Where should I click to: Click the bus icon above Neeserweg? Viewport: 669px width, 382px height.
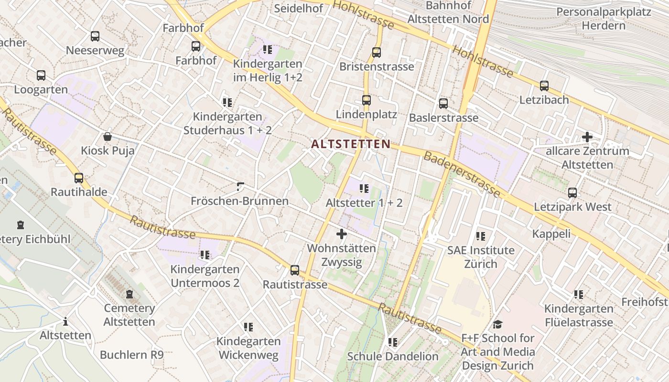click(x=95, y=36)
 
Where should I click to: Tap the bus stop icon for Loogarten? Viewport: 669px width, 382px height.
click(x=41, y=75)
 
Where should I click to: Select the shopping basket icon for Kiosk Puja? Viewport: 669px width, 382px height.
click(x=108, y=137)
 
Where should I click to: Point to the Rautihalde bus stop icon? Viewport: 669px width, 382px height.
click(x=79, y=178)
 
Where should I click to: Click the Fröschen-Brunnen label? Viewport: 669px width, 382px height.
click(x=239, y=201)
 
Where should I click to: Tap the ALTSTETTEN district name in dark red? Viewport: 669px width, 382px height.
click(x=351, y=144)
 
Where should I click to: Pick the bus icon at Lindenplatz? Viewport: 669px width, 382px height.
click(x=367, y=100)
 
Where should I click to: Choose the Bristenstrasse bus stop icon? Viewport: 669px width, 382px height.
click(x=377, y=53)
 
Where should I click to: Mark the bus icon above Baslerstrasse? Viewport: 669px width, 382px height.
click(x=443, y=103)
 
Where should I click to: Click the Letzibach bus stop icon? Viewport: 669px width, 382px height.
click(x=544, y=86)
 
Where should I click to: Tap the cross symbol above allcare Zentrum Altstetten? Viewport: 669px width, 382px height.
click(x=587, y=137)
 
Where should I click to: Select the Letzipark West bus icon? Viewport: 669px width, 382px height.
click(x=572, y=193)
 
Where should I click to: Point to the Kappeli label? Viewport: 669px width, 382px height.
click(x=551, y=233)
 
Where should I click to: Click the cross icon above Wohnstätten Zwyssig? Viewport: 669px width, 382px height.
click(x=342, y=234)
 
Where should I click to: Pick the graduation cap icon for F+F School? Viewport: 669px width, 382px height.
click(x=497, y=324)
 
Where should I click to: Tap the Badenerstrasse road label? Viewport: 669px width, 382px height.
click(x=462, y=174)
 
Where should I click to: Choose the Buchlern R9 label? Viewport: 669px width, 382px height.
click(x=132, y=355)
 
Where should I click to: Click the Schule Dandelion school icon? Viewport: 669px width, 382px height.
click(x=393, y=342)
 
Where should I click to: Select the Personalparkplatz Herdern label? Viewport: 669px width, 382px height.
click(x=604, y=18)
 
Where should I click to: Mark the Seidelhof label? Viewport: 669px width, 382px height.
click(x=298, y=8)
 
